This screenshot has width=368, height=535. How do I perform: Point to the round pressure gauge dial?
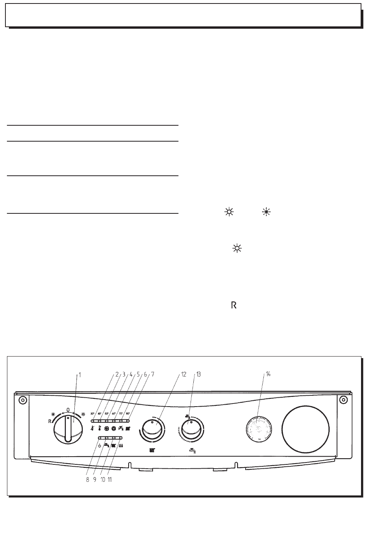(x=260, y=428)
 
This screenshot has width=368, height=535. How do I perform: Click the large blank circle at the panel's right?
(x=306, y=428)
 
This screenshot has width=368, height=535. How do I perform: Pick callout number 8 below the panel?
(x=88, y=480)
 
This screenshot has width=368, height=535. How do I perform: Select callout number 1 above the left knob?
(x=79, y=375)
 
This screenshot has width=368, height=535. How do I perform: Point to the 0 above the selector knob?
(x=68, y=409)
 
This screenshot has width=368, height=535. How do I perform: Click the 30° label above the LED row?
(x=93, y=413)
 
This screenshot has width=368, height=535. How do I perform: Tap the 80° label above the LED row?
(x=128, y=413)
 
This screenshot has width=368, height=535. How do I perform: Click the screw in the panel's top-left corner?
(x=22, y=400)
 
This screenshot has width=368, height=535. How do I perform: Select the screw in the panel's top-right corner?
(x=342, y=400)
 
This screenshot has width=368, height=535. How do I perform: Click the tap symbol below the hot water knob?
(x=190, y=451)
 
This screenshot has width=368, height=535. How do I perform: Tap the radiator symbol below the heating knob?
(x=152, y=451)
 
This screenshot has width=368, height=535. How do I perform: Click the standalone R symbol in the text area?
(x=234, y=306)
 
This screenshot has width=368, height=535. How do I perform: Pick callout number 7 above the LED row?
(x=153, y=374)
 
